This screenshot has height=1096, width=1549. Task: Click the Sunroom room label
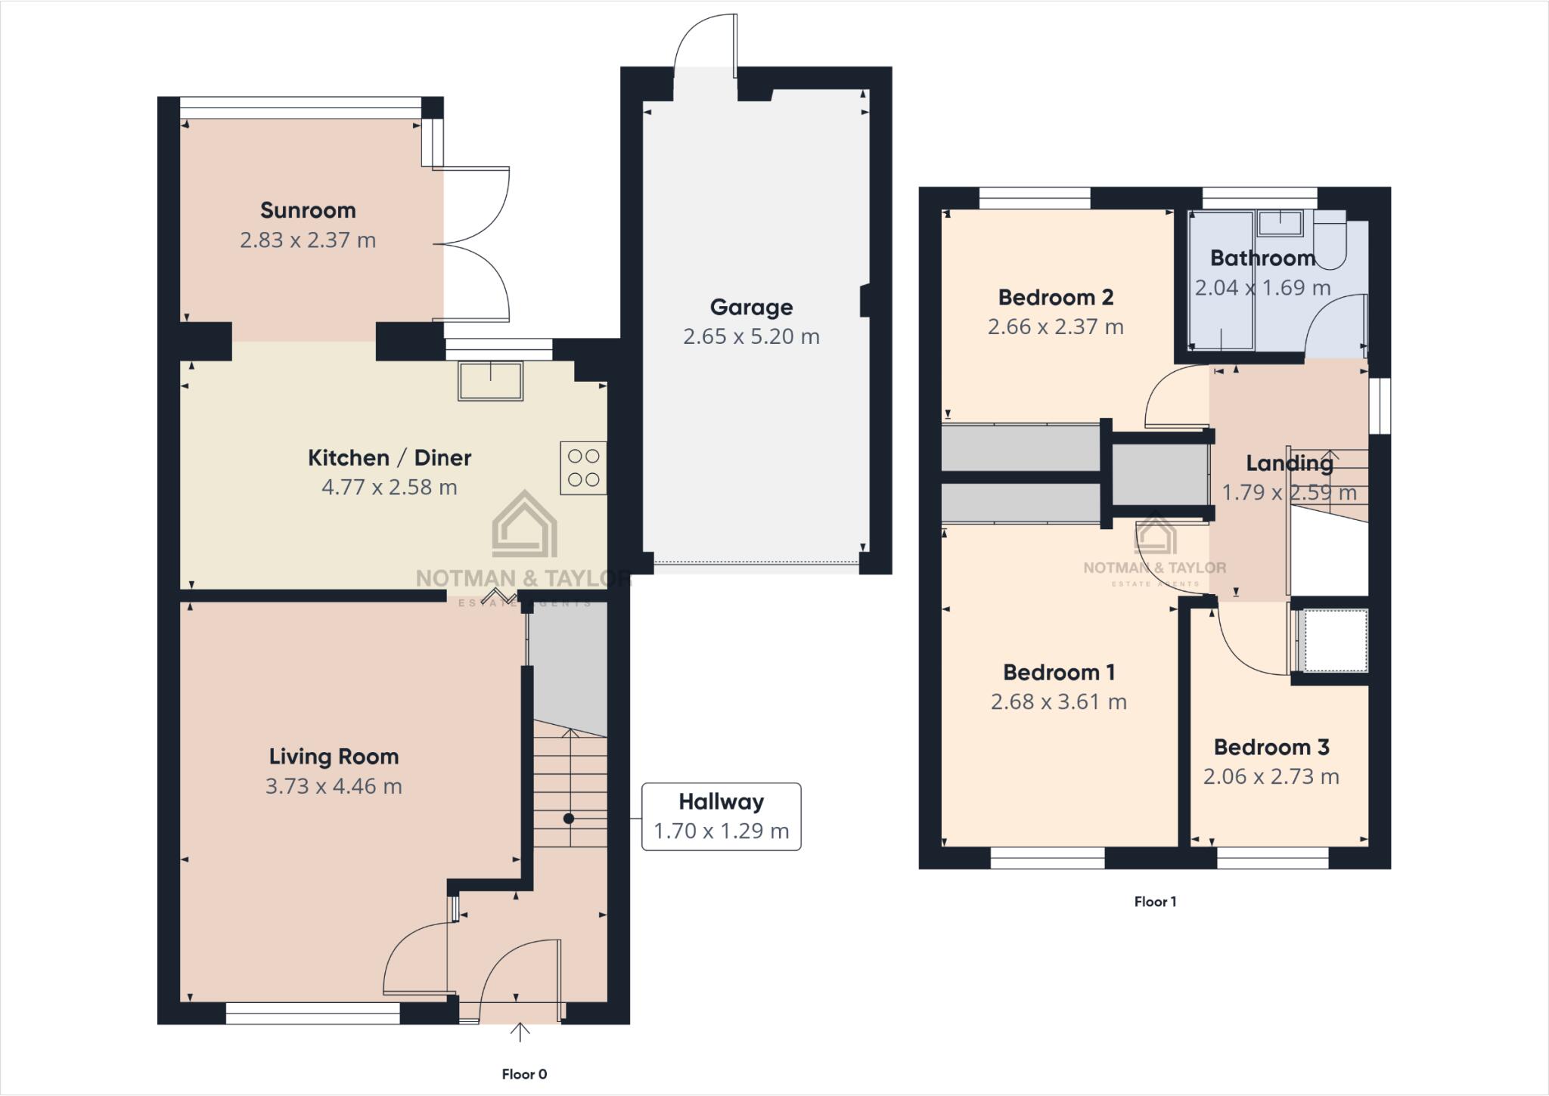(308, 210)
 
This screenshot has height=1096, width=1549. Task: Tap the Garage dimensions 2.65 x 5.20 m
(751, 336)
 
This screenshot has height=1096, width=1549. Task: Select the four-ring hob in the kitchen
(583, 468)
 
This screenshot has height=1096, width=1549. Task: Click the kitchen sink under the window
(491, 380)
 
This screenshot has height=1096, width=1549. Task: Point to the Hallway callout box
(721, 816)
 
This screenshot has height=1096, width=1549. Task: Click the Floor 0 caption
(524, 1074)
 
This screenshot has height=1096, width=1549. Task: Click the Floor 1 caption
(1155, 902)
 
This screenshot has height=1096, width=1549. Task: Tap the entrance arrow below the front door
(520, 1032)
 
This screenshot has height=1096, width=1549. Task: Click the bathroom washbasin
(1280, 224)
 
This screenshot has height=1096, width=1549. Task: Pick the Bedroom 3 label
(1271, 748)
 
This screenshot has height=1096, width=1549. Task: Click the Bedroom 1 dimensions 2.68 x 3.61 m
(1059, 702)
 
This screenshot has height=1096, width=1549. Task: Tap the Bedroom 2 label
(1056, 298)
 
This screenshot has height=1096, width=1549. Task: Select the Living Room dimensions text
(334, 786)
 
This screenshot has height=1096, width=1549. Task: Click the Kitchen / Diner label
(390, 458)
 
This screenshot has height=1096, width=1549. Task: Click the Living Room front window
(313, 1013)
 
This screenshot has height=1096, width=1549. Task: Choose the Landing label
(1290, 463)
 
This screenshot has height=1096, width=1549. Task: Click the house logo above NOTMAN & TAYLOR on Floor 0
(524, 525)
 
